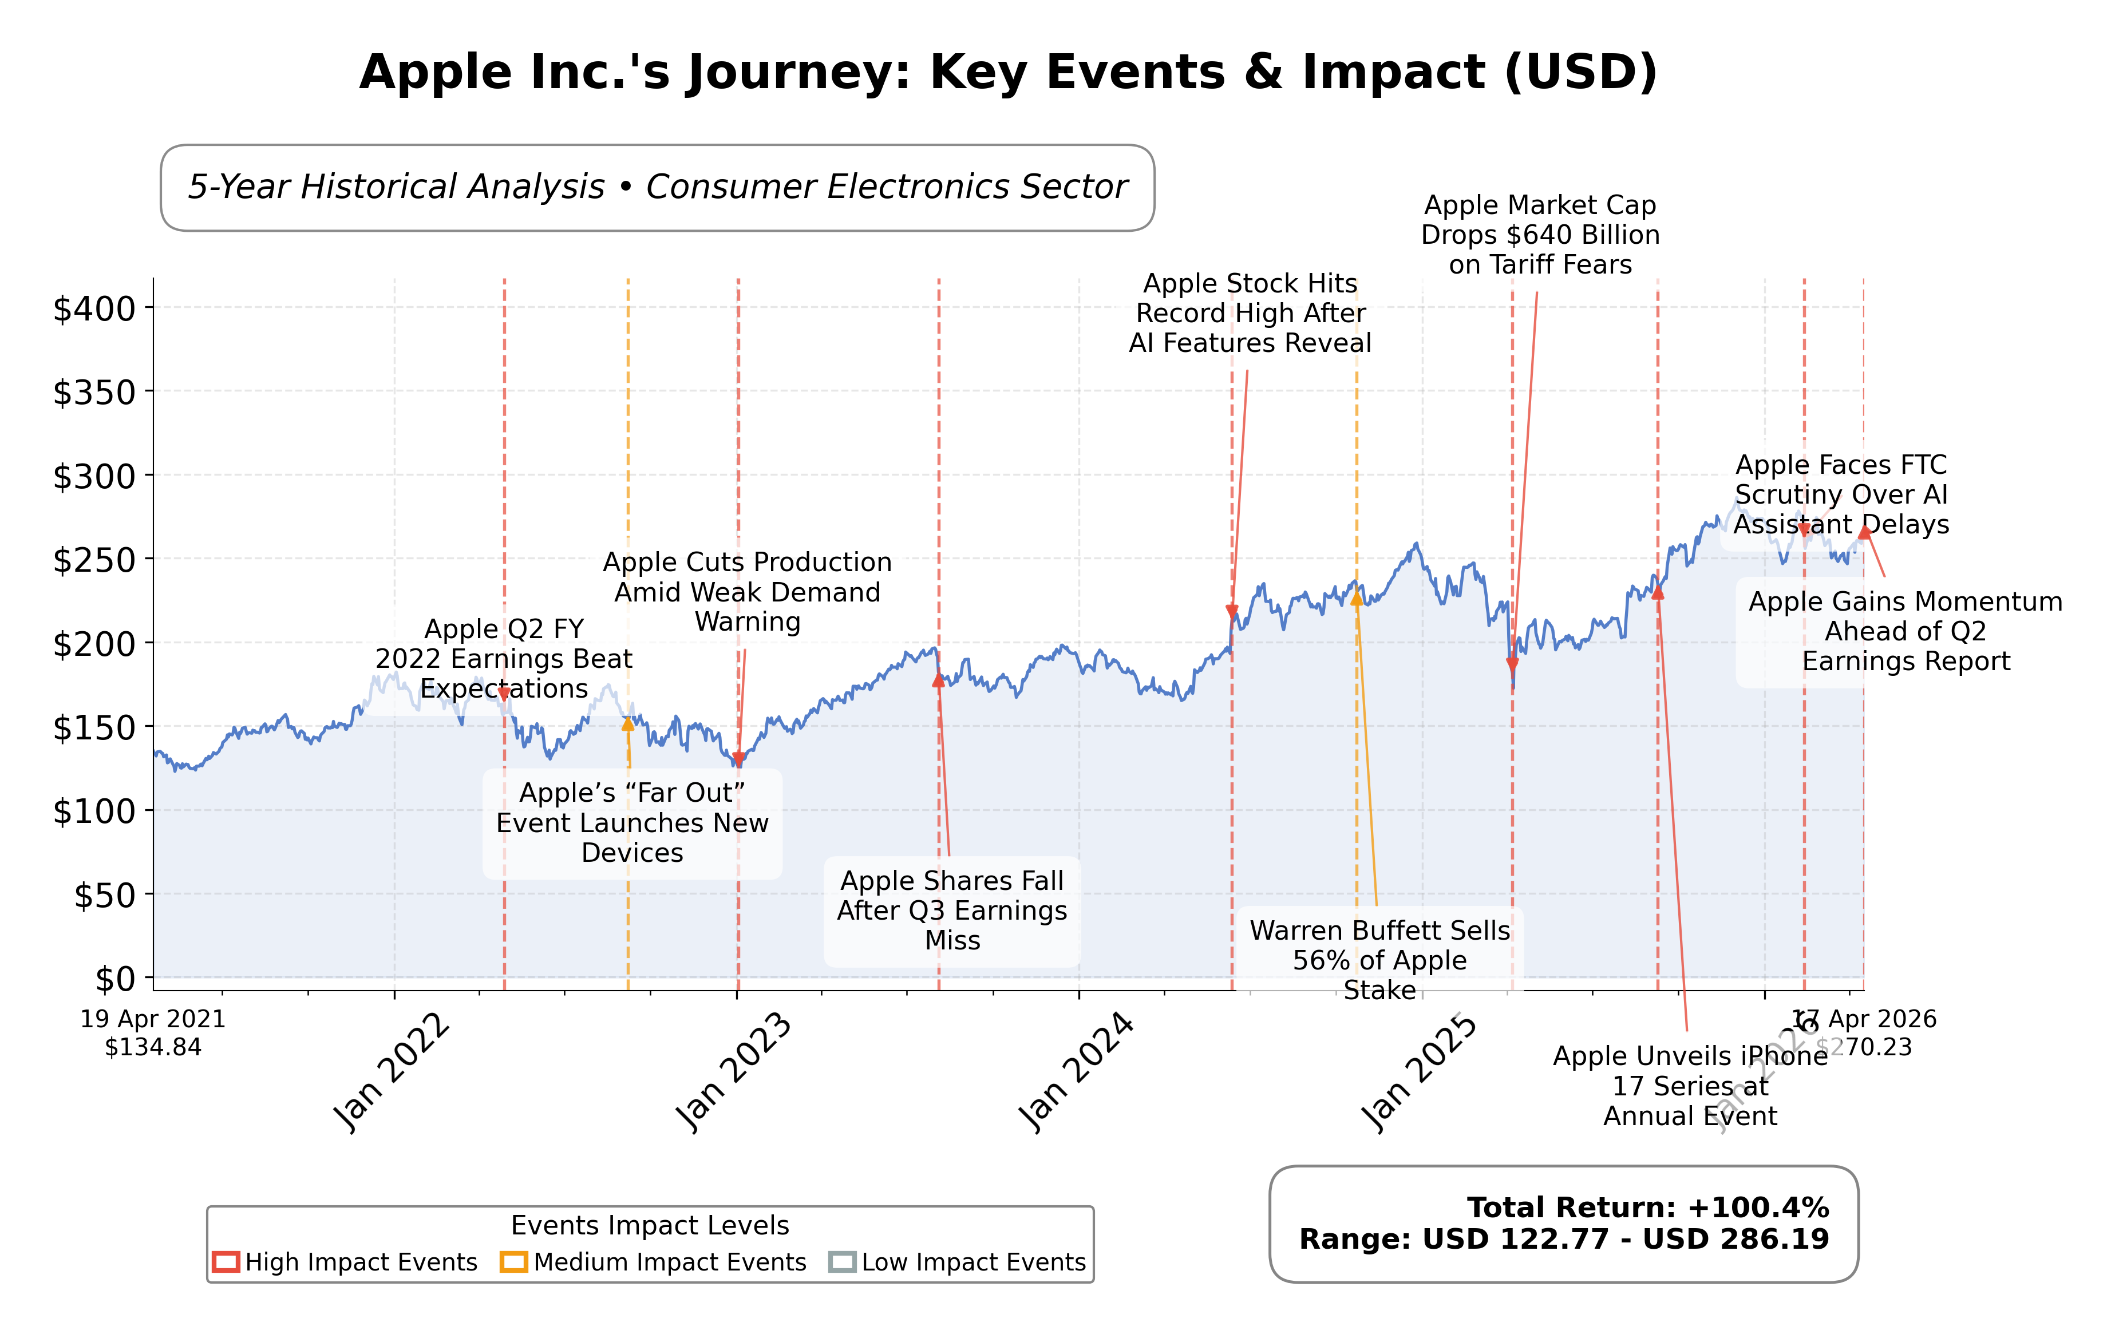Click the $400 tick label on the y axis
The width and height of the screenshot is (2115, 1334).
(94, 308)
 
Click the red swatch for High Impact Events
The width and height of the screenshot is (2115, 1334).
(226, 1262)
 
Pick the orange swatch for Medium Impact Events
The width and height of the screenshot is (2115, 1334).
(514, 1262)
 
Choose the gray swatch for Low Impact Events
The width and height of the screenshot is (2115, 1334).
(843, 1262)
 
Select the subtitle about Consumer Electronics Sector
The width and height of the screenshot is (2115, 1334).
(657, 187)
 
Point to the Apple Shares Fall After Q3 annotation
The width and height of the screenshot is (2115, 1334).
(952, 911)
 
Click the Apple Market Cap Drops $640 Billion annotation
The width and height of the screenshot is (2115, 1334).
(1540, 235)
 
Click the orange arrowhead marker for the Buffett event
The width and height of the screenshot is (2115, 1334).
(1356, 598)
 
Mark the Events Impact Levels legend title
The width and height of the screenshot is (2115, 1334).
(650, 1225)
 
